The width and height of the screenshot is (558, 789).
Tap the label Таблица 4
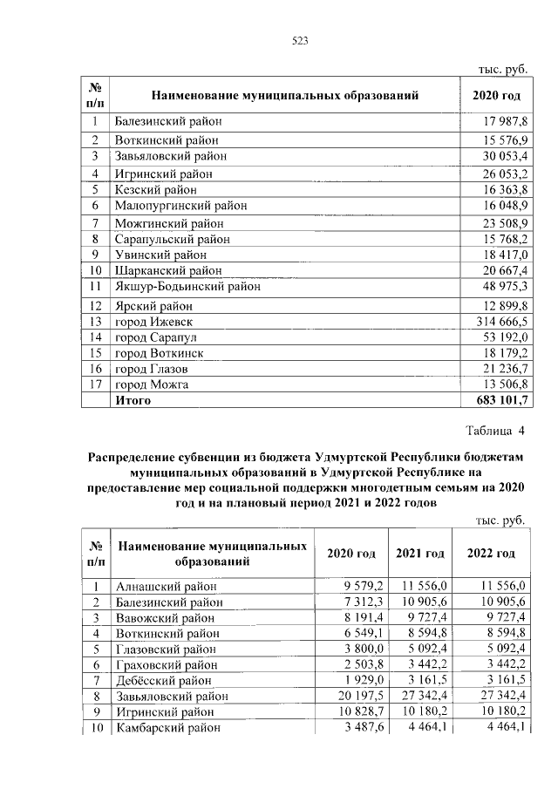496,431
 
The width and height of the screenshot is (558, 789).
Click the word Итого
133,400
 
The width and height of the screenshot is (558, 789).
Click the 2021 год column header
420,554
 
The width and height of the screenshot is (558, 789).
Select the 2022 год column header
491,554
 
